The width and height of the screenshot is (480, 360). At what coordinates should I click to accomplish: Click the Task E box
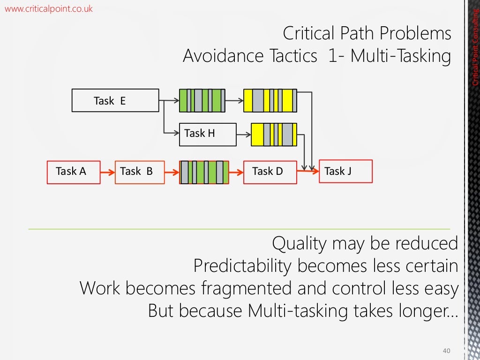click(115, 100)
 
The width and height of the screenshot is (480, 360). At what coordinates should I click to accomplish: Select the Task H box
click(207, 134)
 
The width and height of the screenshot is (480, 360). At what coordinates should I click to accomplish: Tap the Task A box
click(74, 172)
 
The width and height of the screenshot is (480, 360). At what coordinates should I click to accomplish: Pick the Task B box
click(140, 172)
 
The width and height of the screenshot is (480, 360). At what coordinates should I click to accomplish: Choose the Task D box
click(270, 172)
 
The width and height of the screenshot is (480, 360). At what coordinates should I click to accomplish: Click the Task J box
click(345, 171)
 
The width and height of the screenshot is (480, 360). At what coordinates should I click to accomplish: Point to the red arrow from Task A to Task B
click(108, 172)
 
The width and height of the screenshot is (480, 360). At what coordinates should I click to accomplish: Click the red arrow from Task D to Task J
click(307, 172)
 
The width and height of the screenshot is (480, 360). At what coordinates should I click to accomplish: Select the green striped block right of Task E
click(202, 100)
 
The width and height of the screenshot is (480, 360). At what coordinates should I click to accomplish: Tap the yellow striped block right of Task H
click(274, 135)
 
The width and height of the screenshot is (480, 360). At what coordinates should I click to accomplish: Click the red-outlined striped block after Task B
click(204, 172)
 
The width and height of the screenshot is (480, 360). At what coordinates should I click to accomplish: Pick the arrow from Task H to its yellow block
click(243, 135)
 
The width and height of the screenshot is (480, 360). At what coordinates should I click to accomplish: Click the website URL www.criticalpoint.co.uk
click(49, 8)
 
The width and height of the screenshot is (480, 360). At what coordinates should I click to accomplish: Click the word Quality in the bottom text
click(299, 244)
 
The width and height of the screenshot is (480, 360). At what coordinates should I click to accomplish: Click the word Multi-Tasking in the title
click(401, 56)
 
